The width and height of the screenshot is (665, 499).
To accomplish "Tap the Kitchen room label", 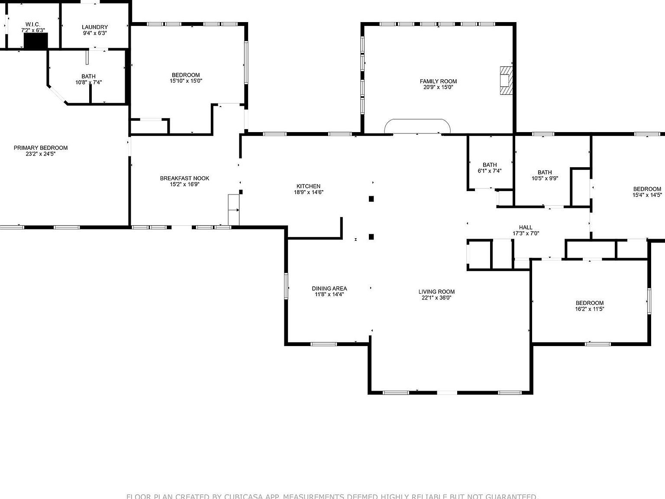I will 308,186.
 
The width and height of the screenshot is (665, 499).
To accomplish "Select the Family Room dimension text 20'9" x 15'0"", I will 438,87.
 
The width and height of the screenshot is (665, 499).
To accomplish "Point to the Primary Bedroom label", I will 41,148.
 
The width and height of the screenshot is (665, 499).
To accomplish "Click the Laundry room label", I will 95,27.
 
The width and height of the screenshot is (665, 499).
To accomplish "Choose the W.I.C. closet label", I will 33,24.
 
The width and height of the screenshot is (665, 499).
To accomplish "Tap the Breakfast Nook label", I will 184,178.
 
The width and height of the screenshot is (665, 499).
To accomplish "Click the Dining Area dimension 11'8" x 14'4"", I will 329,295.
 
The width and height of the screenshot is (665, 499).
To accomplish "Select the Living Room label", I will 436,292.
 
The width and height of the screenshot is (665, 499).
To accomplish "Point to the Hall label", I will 526,227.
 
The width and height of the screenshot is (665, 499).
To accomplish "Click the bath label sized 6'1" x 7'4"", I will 490,165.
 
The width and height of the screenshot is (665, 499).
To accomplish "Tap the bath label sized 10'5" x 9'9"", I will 545,172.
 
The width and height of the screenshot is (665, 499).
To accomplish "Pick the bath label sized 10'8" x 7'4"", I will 88,76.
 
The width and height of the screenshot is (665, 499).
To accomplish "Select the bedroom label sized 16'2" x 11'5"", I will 589,303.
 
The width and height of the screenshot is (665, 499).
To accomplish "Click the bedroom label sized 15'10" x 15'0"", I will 186,75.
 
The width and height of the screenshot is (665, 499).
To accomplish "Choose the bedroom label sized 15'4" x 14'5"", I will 647,189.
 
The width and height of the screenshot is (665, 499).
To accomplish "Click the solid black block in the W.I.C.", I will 36,41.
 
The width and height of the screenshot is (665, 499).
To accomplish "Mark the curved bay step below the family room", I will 417,126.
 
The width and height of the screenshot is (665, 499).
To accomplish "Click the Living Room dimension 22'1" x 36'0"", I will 436,298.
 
